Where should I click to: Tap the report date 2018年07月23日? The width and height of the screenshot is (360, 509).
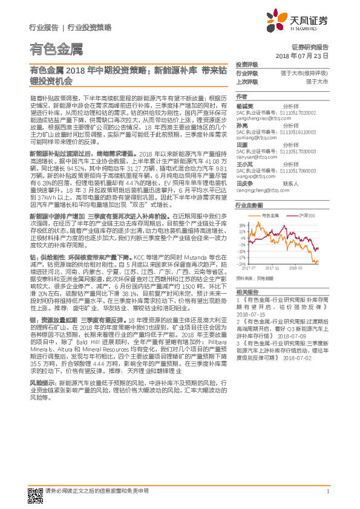[x=305, y=55]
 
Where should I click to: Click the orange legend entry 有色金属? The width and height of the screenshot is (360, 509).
[x=270, y=215]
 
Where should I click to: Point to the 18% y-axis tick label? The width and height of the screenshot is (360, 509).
[x=242, y=224]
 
